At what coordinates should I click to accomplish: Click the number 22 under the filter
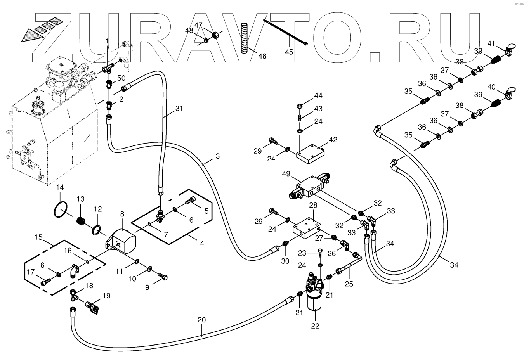(315, 326)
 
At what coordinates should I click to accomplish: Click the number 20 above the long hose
(201, 320)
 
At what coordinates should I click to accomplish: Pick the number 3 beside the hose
(218, 156)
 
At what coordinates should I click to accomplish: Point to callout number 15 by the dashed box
(38, 237)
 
